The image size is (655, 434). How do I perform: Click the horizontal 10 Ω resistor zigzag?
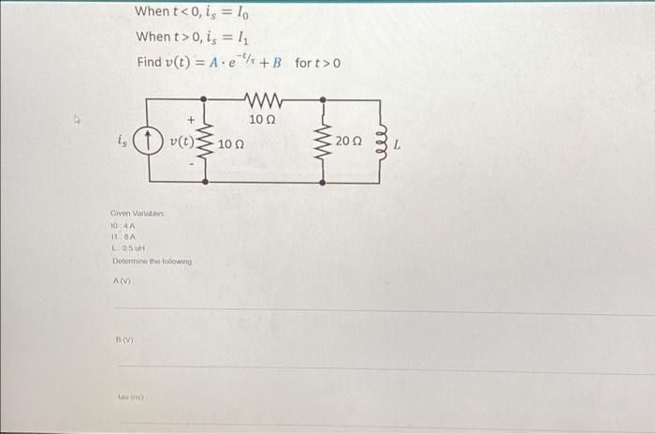pos(262,98)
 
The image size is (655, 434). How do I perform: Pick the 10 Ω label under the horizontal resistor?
pos(262,119)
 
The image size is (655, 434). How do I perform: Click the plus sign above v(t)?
pos(192,120)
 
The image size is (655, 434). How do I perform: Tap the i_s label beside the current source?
pos(121,142)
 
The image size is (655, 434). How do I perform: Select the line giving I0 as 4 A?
pos(124,227)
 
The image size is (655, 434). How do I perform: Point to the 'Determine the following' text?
pos(151,262)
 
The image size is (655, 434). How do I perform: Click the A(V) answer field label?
pos(123,280)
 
